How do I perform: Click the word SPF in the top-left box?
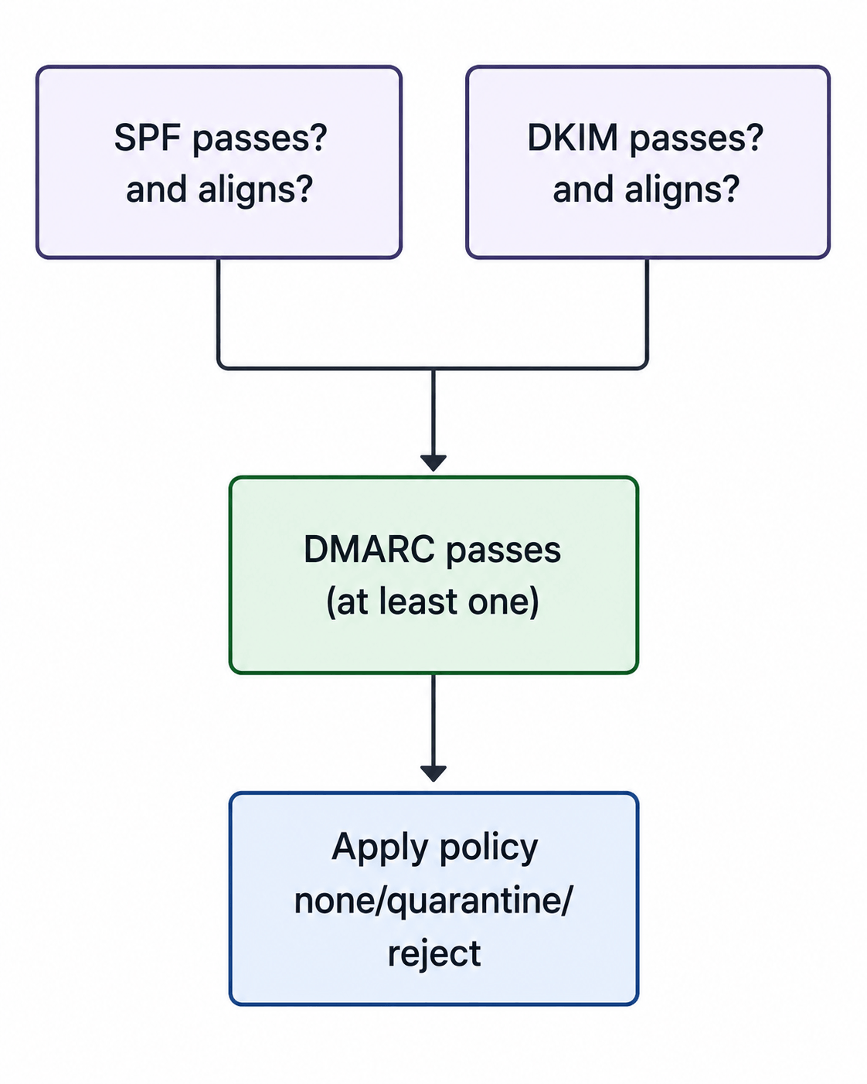[x=148, y=137]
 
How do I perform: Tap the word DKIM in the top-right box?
[x=573, y=137]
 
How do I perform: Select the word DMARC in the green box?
[x=369, y=550]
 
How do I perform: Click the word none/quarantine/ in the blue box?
[x=433, y=902]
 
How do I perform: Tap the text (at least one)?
[x=433, y=602]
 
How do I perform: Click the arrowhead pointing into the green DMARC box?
[x=433, y=463]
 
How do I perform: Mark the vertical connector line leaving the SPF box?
[x=219, y=312]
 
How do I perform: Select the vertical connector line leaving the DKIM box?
[x=647, y=312]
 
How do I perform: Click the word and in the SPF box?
[x=156, y=189]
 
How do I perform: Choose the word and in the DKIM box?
[x=583, y=189]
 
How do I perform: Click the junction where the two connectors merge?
[x=433, y=369]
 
